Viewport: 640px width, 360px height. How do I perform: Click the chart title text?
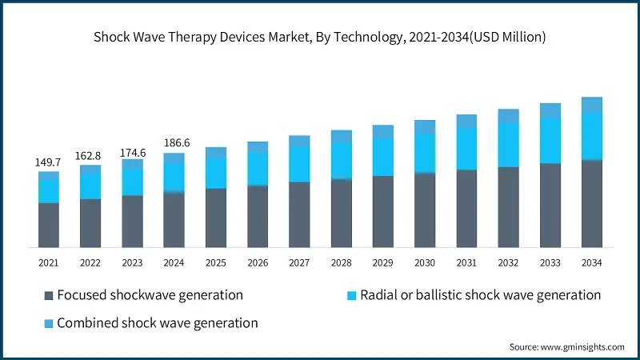pos(320,36)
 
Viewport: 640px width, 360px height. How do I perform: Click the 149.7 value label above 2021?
pos(48,162)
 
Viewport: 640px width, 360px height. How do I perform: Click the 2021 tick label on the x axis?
pos(48,262)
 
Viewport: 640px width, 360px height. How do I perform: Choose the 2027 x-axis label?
pos(299,262)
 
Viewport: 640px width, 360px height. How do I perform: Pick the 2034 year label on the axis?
pos(592,262)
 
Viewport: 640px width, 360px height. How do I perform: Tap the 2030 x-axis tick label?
pos(425,262)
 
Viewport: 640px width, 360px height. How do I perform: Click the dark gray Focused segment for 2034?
pos(592,204)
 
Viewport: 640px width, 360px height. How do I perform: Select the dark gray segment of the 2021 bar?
pos(48,225)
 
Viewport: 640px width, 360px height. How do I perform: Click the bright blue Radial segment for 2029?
pos(383,157)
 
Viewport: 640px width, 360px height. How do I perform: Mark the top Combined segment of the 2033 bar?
pos(550,110)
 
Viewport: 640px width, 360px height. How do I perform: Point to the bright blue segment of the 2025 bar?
pos(216,172)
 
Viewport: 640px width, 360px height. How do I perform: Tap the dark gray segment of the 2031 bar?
pos(466,208)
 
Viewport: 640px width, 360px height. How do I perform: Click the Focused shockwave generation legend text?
pos(150,295)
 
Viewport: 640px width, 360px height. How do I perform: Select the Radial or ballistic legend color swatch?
pos(350,296)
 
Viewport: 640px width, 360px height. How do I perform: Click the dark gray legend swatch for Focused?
pos(47,296)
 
